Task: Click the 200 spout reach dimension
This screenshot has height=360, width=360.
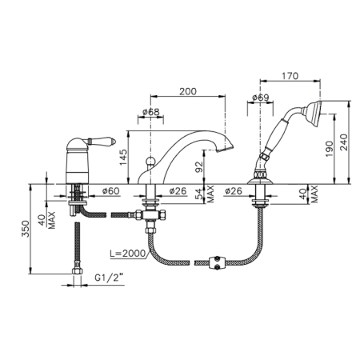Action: click(x=188, y=91)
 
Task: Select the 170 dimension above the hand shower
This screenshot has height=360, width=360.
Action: click(x=290, y=76)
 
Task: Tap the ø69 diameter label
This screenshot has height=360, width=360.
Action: click(x=261, y=98)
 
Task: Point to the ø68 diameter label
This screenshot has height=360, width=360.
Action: click(x=150, y=112)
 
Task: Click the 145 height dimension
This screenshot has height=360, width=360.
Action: click(x=123, y=158)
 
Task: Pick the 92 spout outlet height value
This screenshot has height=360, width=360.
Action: click(x=199, y=167)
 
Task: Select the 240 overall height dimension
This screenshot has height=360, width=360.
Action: click(x=344, y=142)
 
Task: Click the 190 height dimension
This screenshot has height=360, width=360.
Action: click(x=330, y=149)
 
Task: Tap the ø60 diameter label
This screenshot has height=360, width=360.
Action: click(x=110, y=190)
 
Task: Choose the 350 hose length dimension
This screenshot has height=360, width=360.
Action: click(x=26, y=229)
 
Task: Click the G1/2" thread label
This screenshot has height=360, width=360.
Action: click(x=110, y=278)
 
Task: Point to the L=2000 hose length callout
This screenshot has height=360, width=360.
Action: click(x=128, y=254)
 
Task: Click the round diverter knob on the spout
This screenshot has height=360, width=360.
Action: click(x=150, y=161)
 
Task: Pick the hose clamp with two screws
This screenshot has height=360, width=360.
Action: click(x=215, y=262)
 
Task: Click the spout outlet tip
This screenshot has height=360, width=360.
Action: click(x=225, y=149)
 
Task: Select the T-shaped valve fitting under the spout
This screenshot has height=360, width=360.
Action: click(x=150, y=215)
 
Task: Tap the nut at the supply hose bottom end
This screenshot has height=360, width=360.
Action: click(x=78, y=271)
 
